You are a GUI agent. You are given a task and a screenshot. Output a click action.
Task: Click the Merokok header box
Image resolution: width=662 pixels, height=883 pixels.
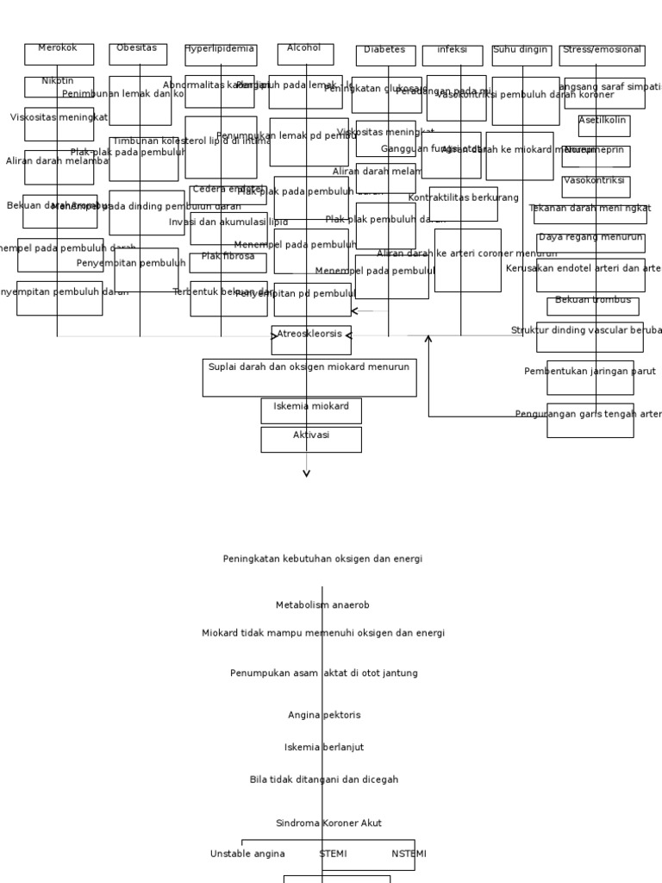tap(59, 54)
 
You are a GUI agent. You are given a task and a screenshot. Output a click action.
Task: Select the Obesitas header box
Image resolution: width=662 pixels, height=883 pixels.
tap(138, 54)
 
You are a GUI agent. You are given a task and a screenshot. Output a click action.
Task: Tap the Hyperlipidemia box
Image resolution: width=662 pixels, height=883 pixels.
tap(221, 55)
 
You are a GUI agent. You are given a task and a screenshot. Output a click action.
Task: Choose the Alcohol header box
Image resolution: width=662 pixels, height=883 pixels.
tap(305, 54)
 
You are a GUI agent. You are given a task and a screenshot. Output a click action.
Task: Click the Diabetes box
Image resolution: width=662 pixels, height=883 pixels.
tap(385, 56)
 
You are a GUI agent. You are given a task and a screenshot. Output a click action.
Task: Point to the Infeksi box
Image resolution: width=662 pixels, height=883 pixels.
tap(453, 56)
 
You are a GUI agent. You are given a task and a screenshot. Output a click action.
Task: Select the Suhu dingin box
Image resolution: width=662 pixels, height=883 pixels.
tap(521, 56)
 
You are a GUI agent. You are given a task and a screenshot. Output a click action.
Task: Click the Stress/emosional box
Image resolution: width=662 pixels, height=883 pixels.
tap(602, 56)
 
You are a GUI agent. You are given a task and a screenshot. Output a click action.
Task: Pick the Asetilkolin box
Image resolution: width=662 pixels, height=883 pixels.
tap(603, 126)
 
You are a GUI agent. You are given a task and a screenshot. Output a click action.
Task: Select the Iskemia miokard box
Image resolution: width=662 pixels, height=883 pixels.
tap(311, 410)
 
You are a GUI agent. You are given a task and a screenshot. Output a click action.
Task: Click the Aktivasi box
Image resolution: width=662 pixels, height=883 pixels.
tap(311, 440)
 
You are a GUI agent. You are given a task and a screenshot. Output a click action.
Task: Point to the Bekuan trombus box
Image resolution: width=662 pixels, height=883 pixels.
tap(593, 306)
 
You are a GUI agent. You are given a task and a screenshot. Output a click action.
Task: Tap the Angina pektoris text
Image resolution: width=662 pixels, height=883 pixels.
tap(324, 715)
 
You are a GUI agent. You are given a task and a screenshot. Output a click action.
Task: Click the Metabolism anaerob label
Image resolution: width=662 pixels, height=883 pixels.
tap(322, 605)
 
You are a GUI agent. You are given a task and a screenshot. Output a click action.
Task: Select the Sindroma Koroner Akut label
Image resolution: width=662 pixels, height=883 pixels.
tap(328, 824)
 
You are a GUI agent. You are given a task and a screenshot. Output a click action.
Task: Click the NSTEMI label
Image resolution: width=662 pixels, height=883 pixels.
tap(409, 854)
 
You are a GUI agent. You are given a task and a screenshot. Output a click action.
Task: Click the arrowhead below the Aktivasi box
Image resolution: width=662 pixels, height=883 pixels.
tap(307, 472)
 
